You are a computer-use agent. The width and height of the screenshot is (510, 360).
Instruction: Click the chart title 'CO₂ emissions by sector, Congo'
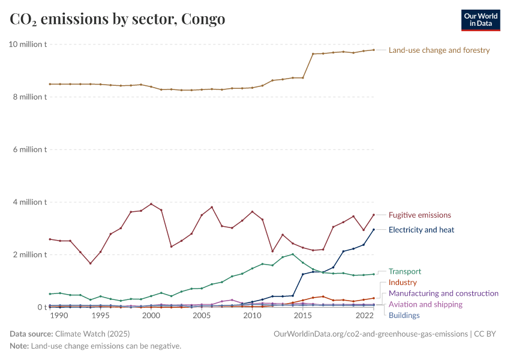pyautogui.click(x=118, y=19)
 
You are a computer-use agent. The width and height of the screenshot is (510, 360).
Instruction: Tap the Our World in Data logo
pyautogui.click(x=480, y=20)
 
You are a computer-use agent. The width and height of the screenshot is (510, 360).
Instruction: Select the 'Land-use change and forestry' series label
pyautogui.click(x=439, y=50)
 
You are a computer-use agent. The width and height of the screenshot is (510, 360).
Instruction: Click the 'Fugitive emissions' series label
pyautogui.click(x=419, y=215)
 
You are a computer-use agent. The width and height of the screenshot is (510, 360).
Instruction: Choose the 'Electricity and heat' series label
pyautogui.click(x=421, y=230)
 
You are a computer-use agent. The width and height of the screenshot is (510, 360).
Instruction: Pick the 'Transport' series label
pyautogui.click(x=405, y=272)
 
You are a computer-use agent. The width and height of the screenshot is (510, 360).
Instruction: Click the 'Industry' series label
pyautogui.click(x=403, y=283)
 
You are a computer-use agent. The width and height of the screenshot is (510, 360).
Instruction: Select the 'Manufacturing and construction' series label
pyautogui.click(x=443, y=293)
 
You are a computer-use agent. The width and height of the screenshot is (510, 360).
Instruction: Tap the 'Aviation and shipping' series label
pyautogui.click(x=425, y=305)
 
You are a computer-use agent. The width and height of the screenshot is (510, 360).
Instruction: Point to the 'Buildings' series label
pyautogui.click(x=404, y=316)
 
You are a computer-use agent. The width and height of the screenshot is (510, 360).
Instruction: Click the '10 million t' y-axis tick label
pyautogui.click(x=28, y=44)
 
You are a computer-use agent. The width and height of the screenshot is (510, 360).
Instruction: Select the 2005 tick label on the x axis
pyautogui.click(x=202, y=316)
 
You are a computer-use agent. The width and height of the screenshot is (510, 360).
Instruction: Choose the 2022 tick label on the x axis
pyautogui.click(x=364, y=316)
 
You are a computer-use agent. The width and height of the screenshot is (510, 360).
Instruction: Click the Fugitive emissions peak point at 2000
pyautogui.click(x=151, y=204)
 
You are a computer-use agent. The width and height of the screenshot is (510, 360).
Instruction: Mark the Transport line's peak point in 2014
pyautogui.click(x=293, y=254)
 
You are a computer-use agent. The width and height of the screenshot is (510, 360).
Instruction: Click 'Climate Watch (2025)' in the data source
pyautogui.click(x=92, y=334)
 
